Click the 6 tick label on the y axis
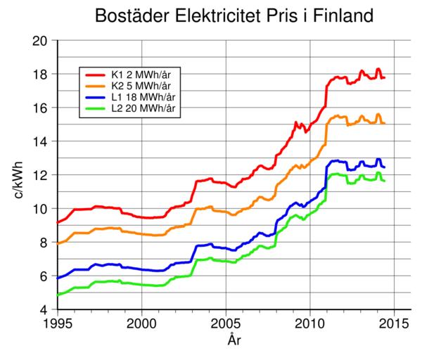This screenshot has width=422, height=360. click(45, 276)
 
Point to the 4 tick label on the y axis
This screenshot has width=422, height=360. click(45, 310)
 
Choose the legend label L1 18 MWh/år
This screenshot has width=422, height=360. click(146, 96)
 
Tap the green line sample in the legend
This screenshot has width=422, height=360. click(96, 108)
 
